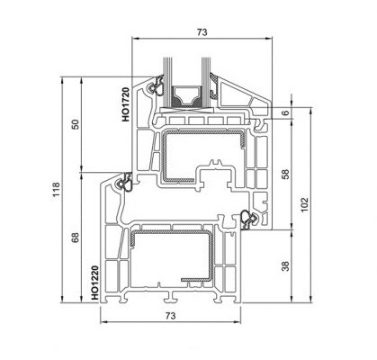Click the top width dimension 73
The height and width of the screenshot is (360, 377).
coord(202,31)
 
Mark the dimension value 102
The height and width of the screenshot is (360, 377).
coord(310,207)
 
